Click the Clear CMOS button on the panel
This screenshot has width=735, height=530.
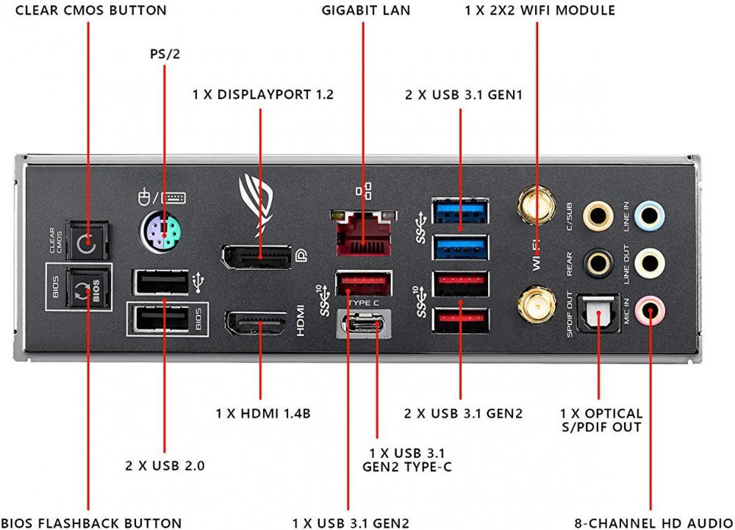pos(87,240)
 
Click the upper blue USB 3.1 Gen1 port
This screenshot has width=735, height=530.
pos(460,210)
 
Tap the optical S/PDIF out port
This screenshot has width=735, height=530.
pos(598,312)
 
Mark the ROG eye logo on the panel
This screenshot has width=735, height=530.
pos(259,196)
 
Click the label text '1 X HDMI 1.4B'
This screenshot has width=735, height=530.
pos(263,413)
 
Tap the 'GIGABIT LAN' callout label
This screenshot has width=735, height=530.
pos(366,10)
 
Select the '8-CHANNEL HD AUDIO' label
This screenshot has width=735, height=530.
pos(651,523)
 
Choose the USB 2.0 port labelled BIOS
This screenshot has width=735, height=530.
pos(159,319)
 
